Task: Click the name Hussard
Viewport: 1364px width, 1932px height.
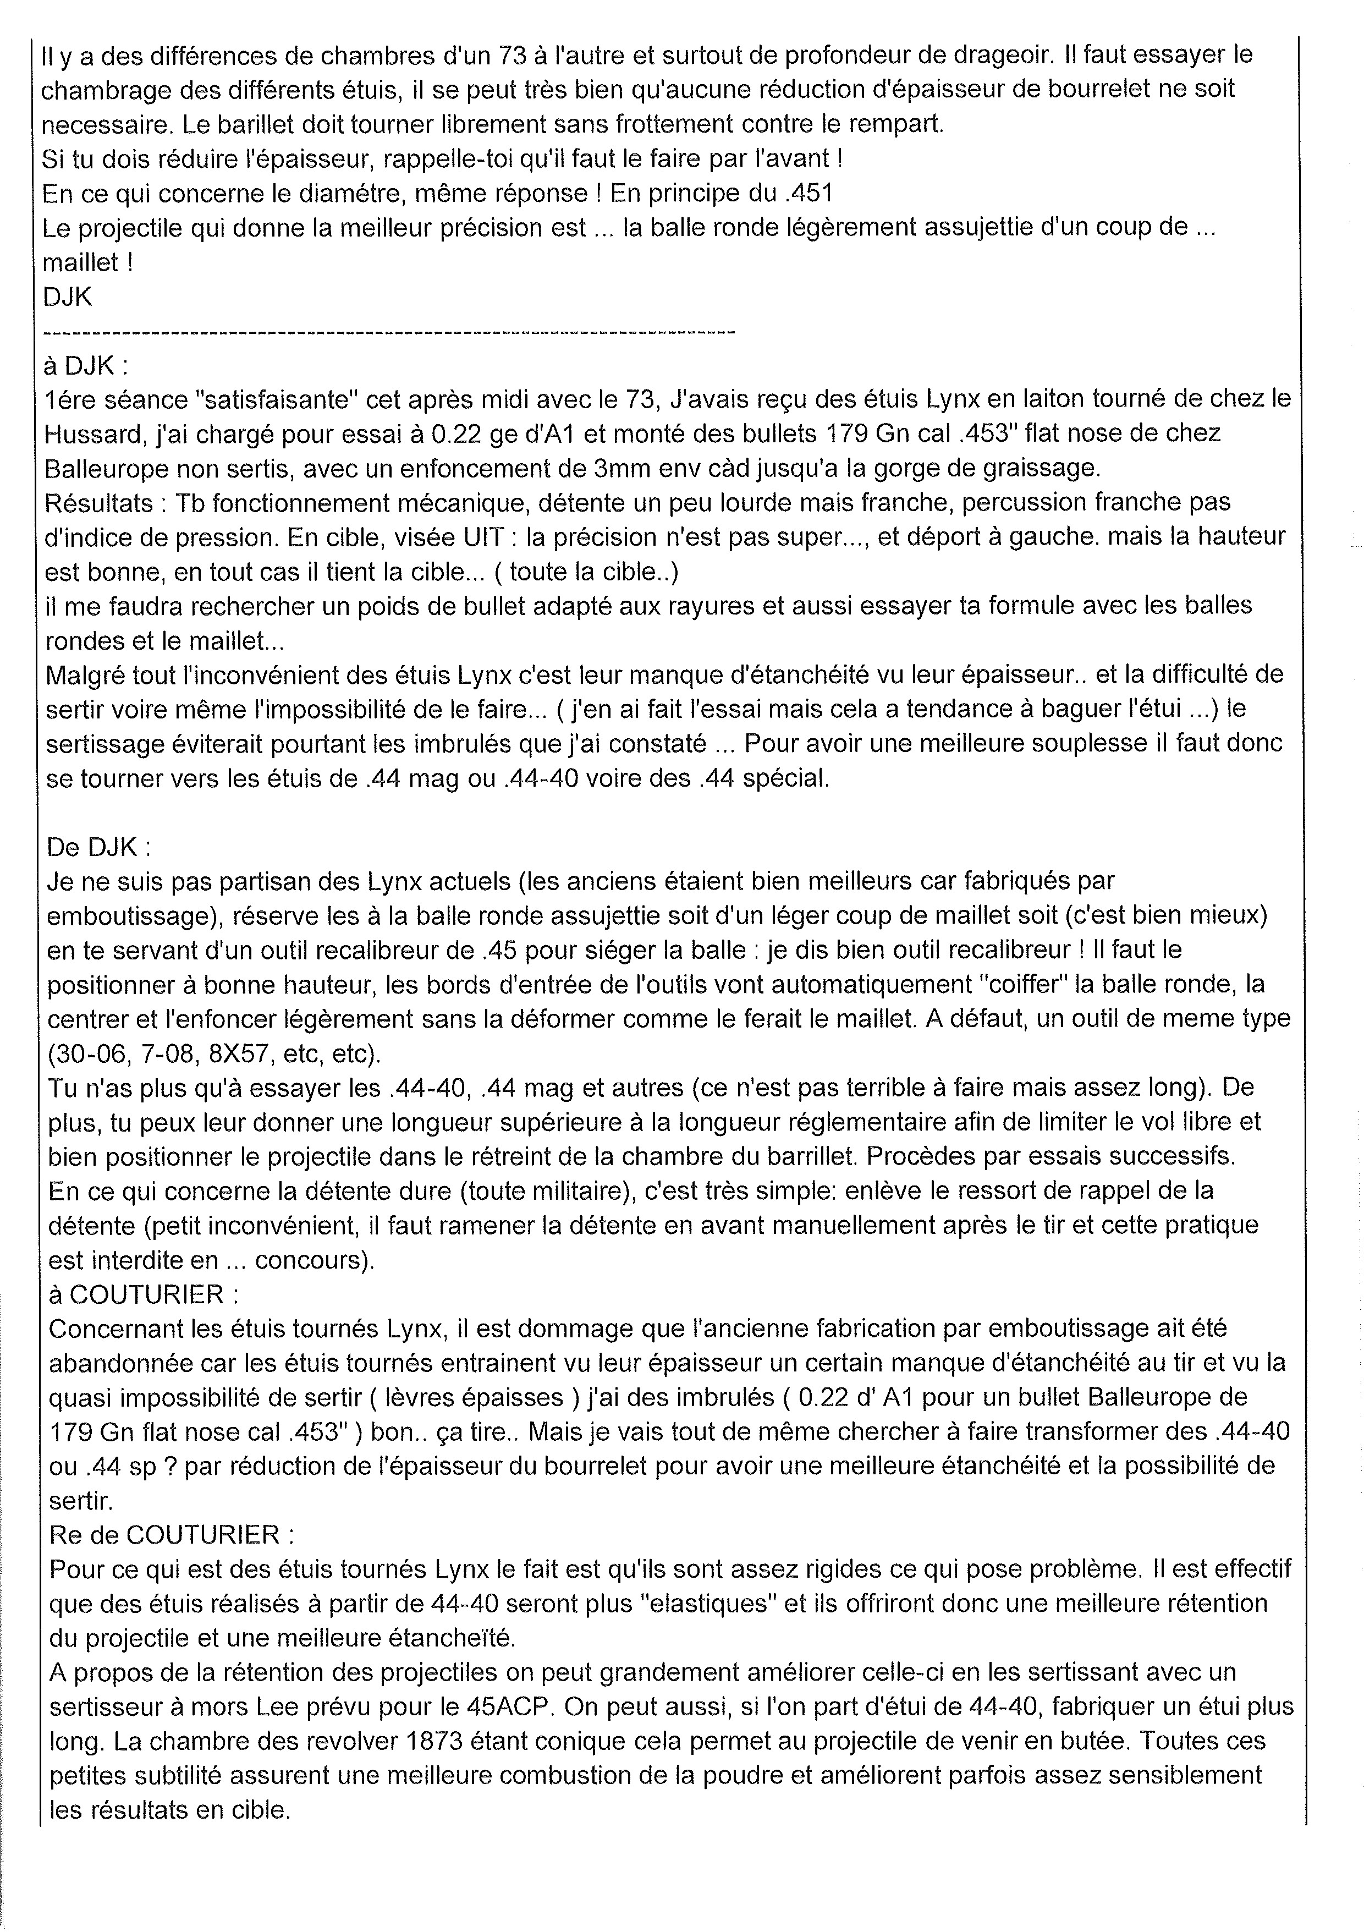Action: tap(92, 432)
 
